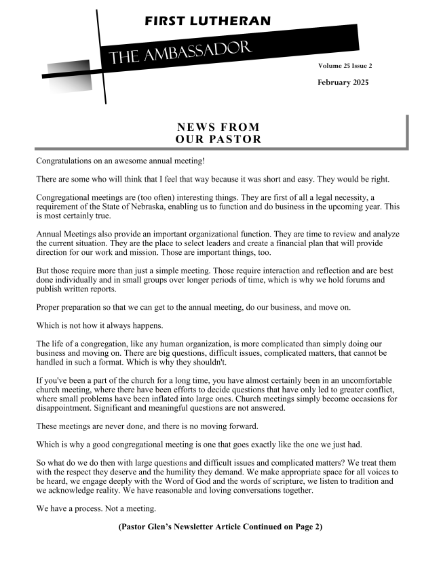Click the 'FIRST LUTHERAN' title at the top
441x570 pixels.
click(207, 21)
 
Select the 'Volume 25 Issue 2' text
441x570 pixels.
click(345, 66)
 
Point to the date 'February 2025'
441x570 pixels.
click(343, 82)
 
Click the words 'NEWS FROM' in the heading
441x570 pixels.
click(218, 127)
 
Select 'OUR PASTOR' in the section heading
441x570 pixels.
click(218, 140)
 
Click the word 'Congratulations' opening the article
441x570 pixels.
click(65, 161)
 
